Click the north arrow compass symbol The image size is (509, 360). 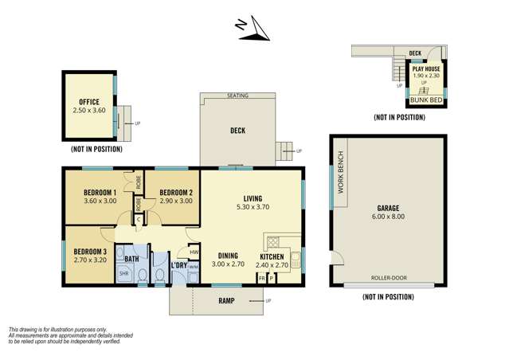point(254,27)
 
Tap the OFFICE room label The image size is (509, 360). point(88,101)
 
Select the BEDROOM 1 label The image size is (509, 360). point(100,193)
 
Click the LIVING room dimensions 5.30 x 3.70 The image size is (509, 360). point(253,207)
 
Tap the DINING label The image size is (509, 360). point(227,256)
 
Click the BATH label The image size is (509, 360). point(131,259)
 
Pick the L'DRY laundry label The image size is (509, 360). point(179,265)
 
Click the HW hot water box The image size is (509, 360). point(194,251)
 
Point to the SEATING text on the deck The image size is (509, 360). point(237,96)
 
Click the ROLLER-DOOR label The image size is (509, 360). point(387,278)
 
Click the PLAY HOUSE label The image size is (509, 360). point(426,69)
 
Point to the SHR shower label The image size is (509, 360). point(124,273)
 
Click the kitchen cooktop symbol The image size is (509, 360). point(273,241)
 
